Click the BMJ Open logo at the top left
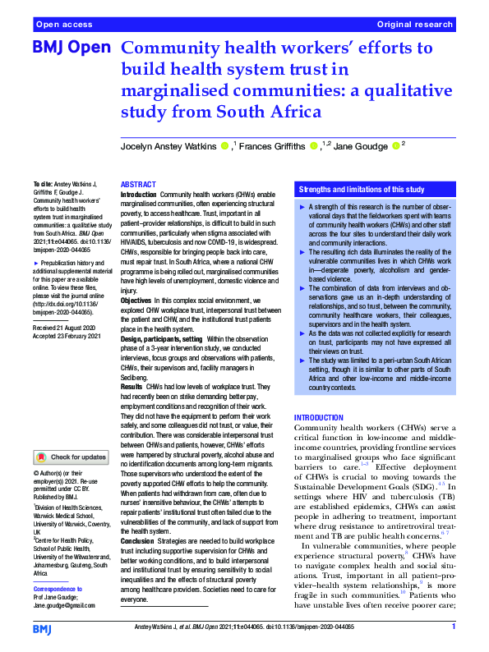tap(71, 48)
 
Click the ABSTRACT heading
tap(137, 185)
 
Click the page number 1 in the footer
tap(453, 627)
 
